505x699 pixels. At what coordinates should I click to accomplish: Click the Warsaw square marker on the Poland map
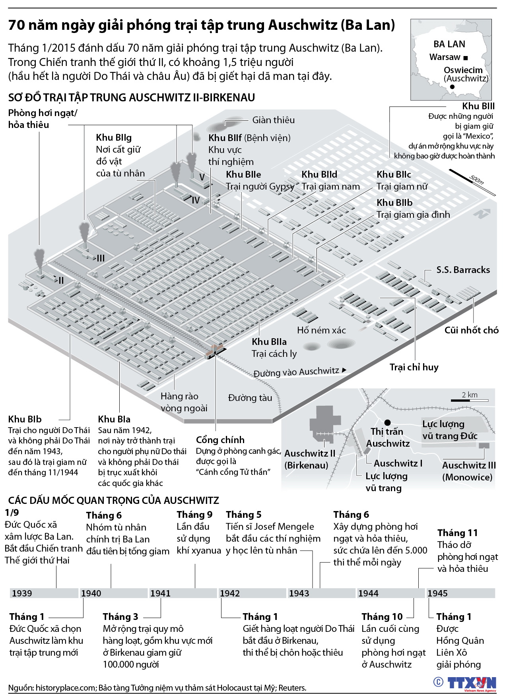(x=466, y=58)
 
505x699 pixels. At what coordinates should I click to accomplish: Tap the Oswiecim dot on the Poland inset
(x=452, y=87)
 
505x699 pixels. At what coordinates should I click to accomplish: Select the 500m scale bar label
(x=476, y=180)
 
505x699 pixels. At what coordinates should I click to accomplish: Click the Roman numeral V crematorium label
(x=202, y=177)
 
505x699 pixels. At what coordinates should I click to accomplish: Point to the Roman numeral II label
(x=61, y=281)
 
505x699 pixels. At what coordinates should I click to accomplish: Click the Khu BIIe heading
(x=243, y=174)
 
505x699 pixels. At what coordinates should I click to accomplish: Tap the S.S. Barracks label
(x=463, y=270)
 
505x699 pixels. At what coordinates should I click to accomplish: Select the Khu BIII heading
(x=478, y=106)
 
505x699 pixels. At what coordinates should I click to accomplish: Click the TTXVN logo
(x=472, y=683)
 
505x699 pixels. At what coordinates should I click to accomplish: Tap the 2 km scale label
(x=470, y=395)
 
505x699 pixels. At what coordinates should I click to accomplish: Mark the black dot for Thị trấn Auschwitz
(x=387, y=423)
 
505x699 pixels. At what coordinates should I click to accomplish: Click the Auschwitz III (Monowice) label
(x=468, y=471)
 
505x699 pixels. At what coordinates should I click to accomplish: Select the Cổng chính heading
(x=220, y=440)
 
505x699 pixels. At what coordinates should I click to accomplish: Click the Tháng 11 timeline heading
(x=457, y=533)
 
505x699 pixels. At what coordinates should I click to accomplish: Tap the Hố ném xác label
(x=321, y=330)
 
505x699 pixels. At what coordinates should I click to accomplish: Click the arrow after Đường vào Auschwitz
(x=344, y=370)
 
